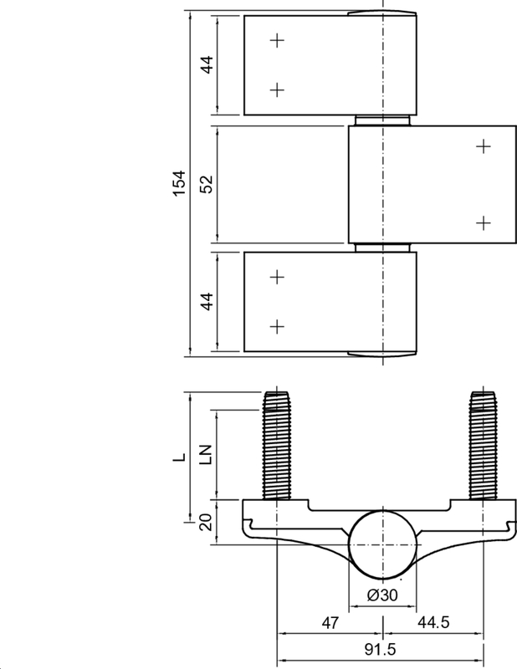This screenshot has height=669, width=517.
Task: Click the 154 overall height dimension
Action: click(178, 184)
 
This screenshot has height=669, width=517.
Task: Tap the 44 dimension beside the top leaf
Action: click(207, 64)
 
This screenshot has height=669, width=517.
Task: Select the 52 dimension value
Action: click(207, 185)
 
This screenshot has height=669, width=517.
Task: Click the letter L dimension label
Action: click(177, 458)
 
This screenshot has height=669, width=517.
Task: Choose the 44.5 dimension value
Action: click(433, 623)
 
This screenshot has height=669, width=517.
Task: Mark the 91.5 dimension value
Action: click(381, 651)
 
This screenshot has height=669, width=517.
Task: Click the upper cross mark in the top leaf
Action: click(278, 39)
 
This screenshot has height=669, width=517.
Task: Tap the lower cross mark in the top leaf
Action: click(278, 89)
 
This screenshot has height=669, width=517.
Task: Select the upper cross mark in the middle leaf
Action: click(483, 146)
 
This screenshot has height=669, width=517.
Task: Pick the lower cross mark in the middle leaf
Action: click(483, 222)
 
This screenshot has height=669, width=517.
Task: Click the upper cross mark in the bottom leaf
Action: click(278, 276)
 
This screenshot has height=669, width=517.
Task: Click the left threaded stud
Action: click(278, 447)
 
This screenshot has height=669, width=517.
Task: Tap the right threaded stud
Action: click(483, 447)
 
